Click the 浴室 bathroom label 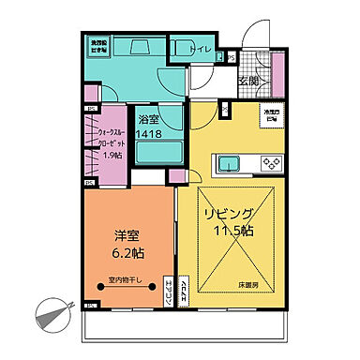tap(148, 120)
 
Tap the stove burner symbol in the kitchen tap(270, 164)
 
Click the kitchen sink tap(230, 165)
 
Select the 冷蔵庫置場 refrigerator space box tap(271, 116)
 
